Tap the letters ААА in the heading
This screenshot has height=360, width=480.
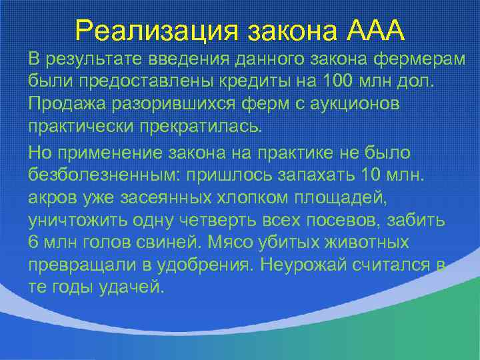pyautogui.click(x=376, y=30)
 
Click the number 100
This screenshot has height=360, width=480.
pyautogui.click(x=339, y=82)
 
